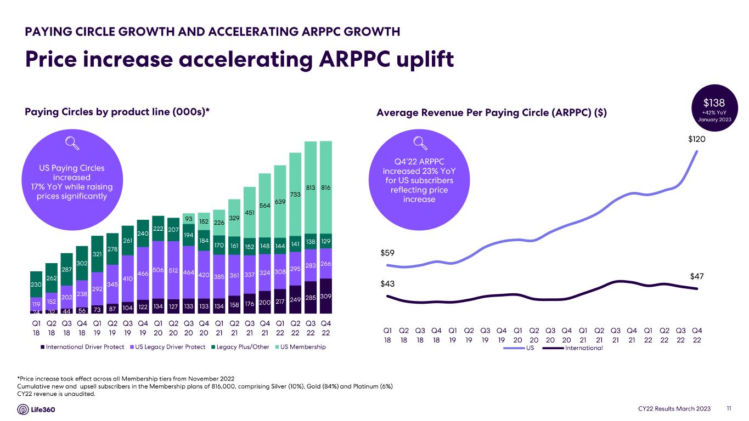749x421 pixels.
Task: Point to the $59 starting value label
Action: coord(387,253)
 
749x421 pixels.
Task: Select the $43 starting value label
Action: coord(387,284)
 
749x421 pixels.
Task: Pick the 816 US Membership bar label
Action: coord(326,188)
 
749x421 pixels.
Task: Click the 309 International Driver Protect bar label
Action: coord(326,297)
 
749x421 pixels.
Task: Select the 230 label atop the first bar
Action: coord(36,285)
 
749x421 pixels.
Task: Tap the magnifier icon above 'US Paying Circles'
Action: coord(71,143)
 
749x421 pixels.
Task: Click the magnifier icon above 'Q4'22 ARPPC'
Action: coord(420,143)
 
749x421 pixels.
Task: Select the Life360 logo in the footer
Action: coord(37,409)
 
